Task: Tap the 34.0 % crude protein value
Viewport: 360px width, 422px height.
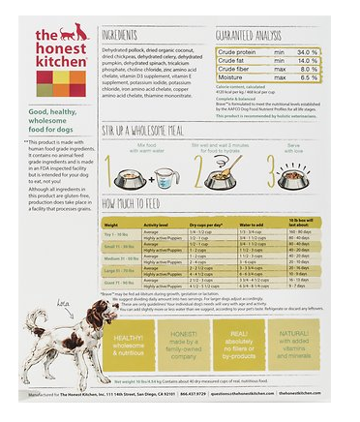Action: point(307,51)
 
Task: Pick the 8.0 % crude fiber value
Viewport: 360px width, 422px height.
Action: point(307,69)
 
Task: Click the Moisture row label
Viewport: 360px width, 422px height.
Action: point(233,77)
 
